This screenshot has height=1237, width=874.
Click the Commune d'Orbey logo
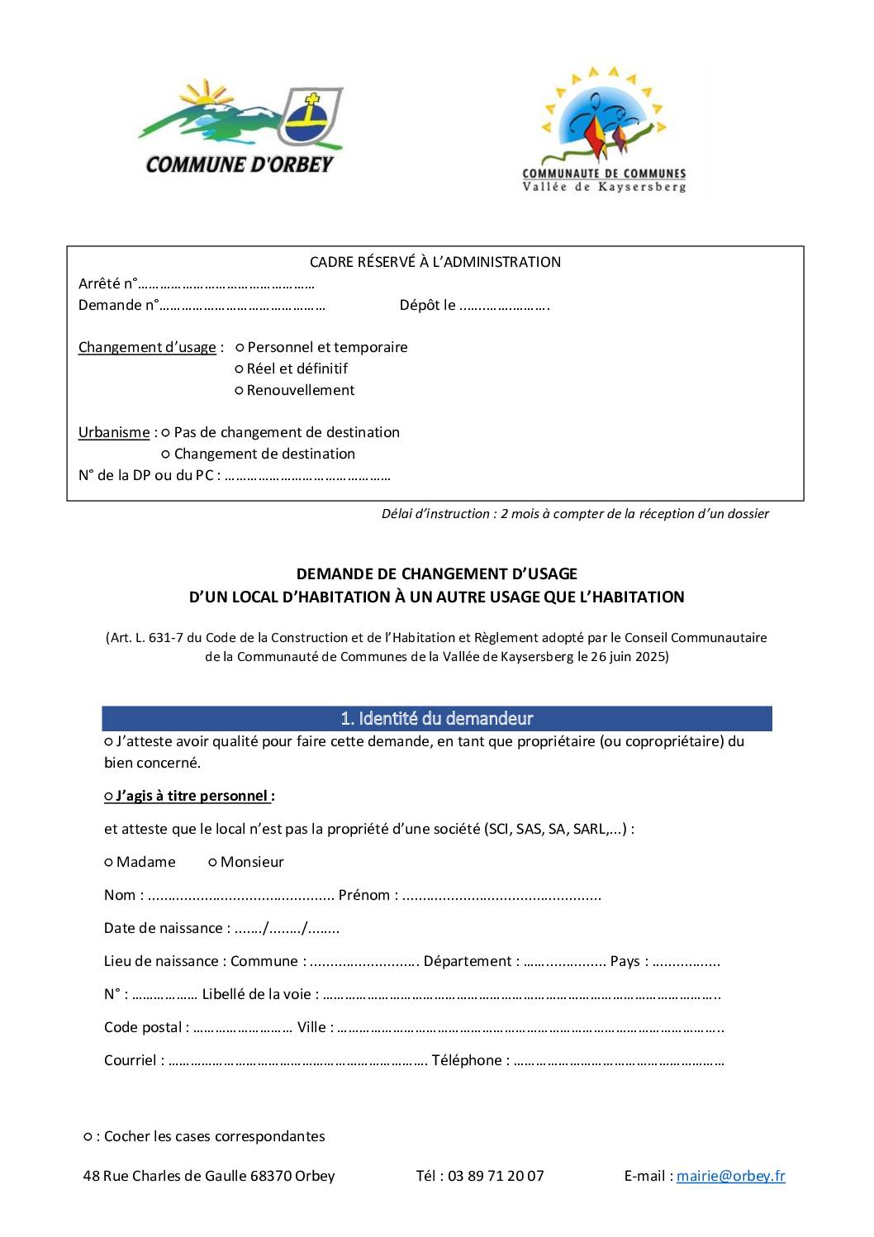click(240, 128)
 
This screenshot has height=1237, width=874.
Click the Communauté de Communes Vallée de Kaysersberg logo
click(604, 131)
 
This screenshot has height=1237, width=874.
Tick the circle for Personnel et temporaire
click(240, 348)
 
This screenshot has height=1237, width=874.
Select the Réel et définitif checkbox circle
click(240, 369)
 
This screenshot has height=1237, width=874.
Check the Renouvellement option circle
click(240, 391)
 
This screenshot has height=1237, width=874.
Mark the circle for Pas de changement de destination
click(166, 433)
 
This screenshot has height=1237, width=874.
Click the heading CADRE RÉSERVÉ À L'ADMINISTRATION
click(435, 262)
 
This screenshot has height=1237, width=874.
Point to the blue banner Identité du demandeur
click(436, 719)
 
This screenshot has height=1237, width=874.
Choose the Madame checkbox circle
click(108, 863)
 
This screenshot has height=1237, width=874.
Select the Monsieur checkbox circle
click(212, 863)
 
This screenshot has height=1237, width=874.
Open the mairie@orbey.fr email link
click(730, 1176)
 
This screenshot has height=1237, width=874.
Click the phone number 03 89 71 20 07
click(496, 1176)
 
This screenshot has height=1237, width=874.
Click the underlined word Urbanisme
click(114, 433)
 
